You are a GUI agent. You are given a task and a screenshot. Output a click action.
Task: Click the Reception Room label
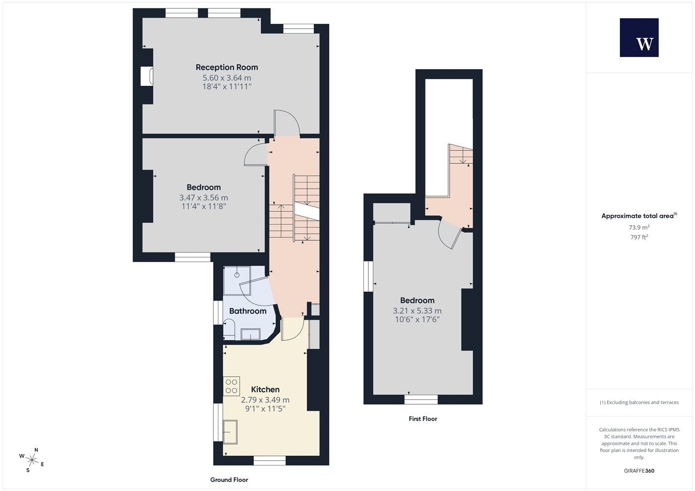coord(227,67)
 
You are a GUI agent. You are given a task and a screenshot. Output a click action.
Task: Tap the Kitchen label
coord(265,389)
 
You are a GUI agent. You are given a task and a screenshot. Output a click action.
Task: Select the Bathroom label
coord(248,311)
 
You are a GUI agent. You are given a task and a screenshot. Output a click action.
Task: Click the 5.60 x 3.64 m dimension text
coord(227,78)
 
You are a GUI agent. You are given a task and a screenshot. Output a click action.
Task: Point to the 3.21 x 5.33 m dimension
coord(417,310)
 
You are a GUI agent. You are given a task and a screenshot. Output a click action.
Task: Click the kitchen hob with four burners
coord(231,386)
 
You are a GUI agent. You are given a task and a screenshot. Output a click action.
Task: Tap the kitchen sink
coord(230,432)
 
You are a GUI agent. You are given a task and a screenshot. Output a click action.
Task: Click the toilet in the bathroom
coord(229,327)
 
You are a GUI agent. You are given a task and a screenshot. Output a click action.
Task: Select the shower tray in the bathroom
coord(237,280)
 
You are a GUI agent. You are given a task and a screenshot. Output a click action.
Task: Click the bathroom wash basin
coord(251,334)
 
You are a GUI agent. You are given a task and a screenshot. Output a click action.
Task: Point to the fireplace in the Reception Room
coord(147,76)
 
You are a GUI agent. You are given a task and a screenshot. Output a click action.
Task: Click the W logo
coord(639,38)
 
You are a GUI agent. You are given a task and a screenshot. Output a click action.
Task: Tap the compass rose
coord(32,460)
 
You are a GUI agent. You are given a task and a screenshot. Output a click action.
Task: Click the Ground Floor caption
coord(229,480)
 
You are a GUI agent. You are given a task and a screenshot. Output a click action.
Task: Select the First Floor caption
coord(423,419)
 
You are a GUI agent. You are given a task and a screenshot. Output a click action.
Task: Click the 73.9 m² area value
coord(639,227)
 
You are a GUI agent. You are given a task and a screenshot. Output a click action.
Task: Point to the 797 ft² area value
coord(639,237)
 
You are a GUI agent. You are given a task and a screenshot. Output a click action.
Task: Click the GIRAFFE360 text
coord(639,471)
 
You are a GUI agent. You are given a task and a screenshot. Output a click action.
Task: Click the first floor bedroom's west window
coord(368,276)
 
